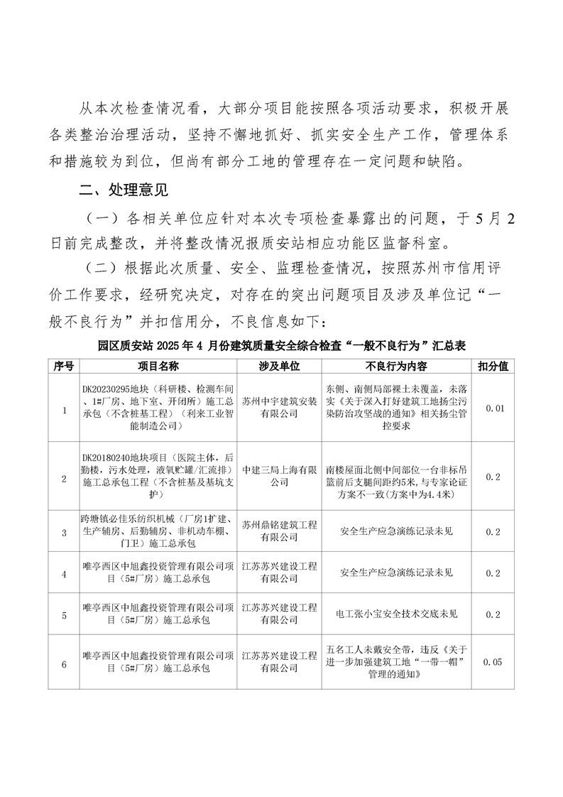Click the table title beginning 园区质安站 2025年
coord(281,345)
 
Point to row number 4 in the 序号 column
coord(64,573)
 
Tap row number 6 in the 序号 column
coord(64,663)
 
